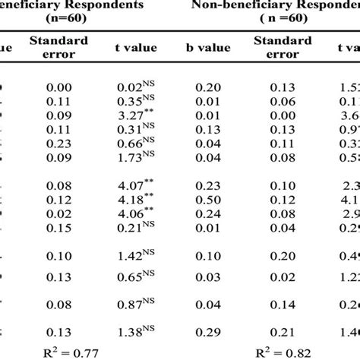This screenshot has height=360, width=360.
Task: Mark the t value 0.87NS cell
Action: click(x=136, y=303)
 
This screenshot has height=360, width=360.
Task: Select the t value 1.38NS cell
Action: click(x=136, y=331)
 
